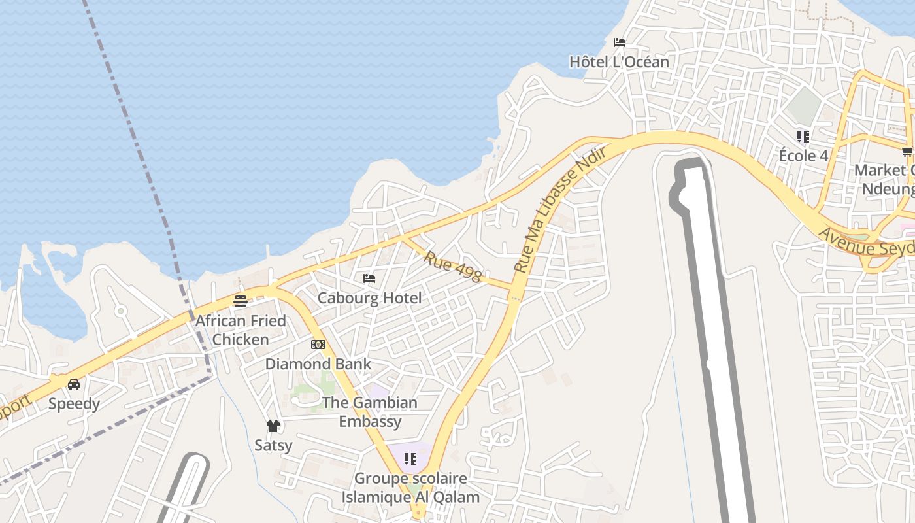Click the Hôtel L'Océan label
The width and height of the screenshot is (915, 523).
tap(619, 62)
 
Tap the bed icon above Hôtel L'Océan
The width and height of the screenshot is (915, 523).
tap(620, 42)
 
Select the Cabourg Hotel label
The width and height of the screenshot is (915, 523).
tap(369, 298)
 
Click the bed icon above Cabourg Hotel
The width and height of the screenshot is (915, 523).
tap(369, 278)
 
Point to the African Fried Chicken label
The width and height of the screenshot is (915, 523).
tap(241, 330)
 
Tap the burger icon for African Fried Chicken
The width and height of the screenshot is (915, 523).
tap(241, 301)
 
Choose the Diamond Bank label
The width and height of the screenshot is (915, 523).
tap(318, 364)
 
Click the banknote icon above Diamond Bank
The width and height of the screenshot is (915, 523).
tap(318, 345)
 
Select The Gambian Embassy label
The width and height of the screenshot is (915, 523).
tap(370, 412)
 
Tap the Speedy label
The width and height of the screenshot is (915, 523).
tap(74, 404)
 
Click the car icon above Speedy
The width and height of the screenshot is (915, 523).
tap(74, 384)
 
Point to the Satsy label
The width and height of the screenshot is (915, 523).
tap(273, 446)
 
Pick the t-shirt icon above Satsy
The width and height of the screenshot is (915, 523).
tap(273, 426)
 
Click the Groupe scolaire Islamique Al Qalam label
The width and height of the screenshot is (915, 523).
tap(410, 488)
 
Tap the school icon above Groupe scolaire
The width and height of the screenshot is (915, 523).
tap(410, 459)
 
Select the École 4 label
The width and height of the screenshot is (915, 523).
tap(803, 156)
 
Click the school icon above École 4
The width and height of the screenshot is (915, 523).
tap(803, 137)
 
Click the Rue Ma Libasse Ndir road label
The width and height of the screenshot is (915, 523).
tap(560, 209)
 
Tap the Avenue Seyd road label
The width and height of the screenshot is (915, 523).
tap(865, 243)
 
